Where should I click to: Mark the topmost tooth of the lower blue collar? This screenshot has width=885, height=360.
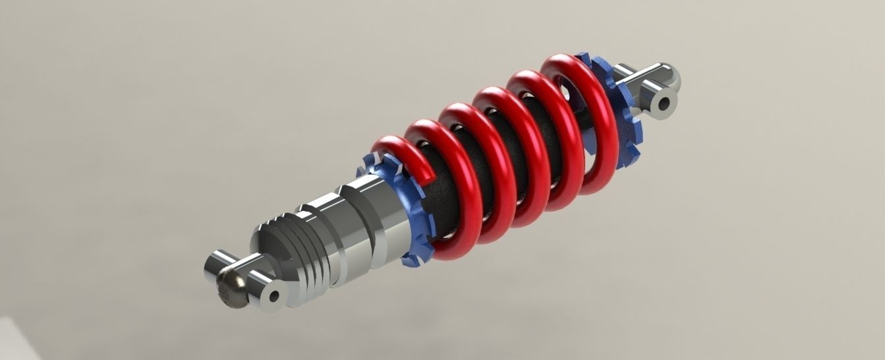pos(366,160)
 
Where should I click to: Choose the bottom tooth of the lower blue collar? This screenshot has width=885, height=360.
pos(411,262)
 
